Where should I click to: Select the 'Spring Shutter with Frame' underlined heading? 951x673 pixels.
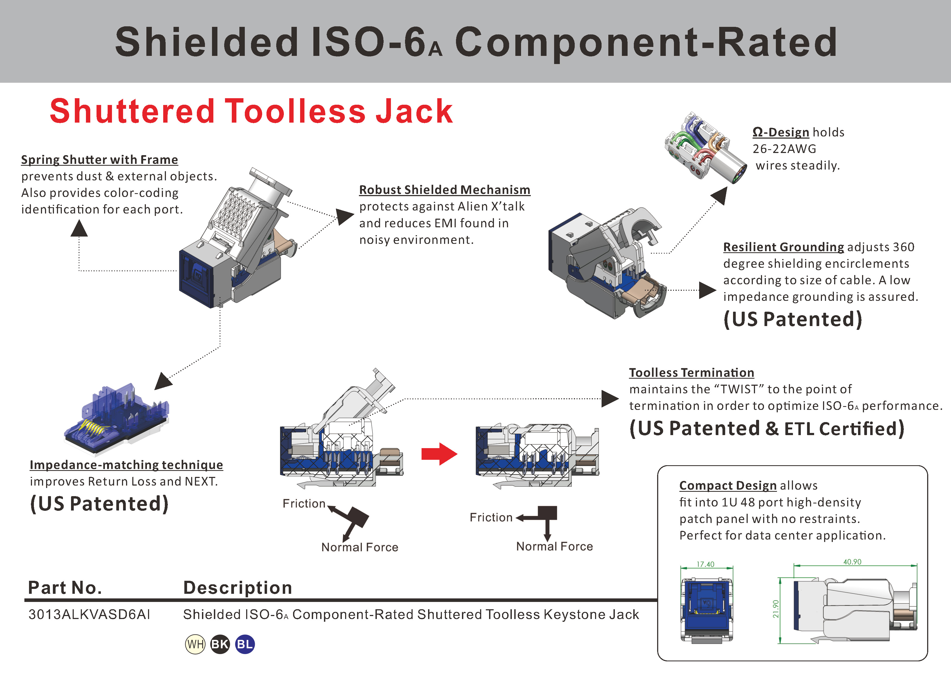tap(99, 160)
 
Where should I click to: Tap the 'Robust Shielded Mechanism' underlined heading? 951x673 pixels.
tap(444, 190)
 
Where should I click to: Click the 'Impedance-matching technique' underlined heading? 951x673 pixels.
tap(126, 465)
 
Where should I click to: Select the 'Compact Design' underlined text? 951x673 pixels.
tap(728, 485)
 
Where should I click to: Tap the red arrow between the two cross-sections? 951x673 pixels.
tap(439, 454)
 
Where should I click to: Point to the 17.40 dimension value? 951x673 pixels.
tap(705, 564)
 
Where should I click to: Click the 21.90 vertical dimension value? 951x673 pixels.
tap(776, 609)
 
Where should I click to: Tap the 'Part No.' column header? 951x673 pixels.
tap(65, 588)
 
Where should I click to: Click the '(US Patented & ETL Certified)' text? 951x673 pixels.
tap(767, 429)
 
